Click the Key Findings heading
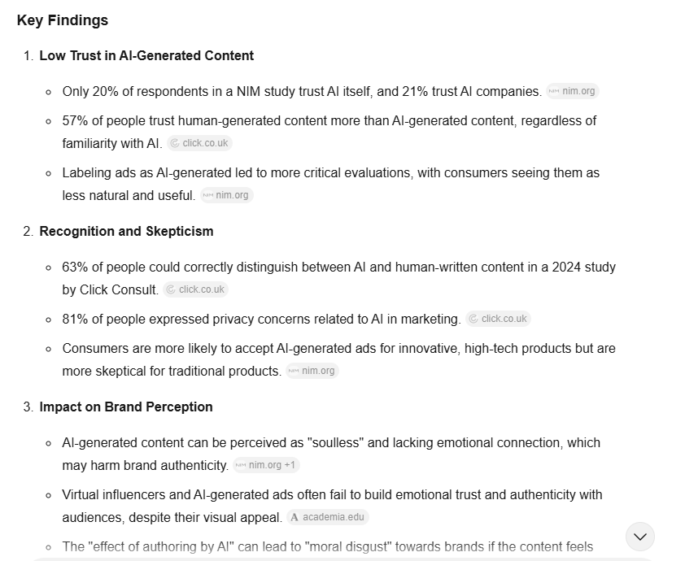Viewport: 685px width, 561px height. coord(62,20)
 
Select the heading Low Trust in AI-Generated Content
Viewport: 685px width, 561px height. coord(146,55)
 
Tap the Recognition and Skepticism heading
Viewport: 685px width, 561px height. coord(126,231)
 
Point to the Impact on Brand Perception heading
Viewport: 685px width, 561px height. coord(125,407)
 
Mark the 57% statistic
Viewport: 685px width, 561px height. coord(75,120)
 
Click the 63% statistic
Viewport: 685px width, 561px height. coord(75,267)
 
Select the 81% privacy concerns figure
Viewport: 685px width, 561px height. coord(75,319)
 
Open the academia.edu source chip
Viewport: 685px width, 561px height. coord(326,517)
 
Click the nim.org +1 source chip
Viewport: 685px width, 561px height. coord(266,465)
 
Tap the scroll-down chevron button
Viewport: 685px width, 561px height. coord(640,537)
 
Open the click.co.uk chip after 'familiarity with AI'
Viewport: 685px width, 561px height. coord(199,143)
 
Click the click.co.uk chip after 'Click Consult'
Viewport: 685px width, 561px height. coord(195,289)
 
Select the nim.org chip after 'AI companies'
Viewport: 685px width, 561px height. coord(573,91)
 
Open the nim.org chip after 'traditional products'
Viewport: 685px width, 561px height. coord(312,371)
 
